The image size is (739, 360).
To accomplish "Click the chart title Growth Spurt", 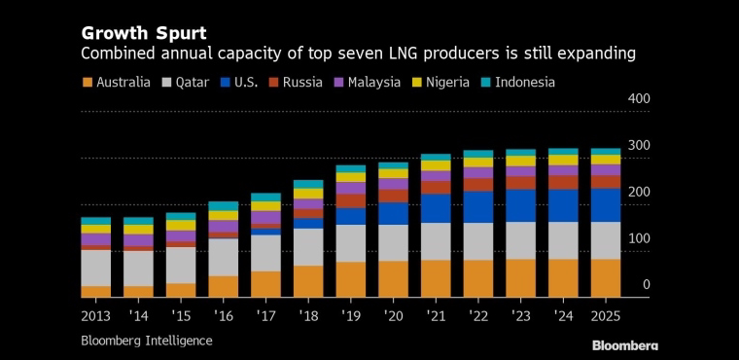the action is (x=144, y=34).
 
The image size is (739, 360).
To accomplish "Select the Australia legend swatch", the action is (x=88, y=83).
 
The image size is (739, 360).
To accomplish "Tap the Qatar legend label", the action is (x=192, y=83).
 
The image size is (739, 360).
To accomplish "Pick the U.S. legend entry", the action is (x=239, y=83).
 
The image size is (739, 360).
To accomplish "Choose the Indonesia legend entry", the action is (x=518, y=83).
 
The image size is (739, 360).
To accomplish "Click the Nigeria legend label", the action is (x=447, y=83).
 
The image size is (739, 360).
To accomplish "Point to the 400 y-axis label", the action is (x=639, y=99).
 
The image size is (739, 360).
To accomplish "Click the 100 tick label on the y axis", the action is (x=639, y=238).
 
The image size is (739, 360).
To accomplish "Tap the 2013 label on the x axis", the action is (x=95, y=315).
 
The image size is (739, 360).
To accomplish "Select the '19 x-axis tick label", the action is (x=351, y=315).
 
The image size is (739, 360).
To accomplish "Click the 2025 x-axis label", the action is (x=606, y=315).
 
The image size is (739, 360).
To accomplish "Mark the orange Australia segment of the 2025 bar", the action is (x=606, y=278).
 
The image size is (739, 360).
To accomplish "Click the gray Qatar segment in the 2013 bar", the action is (x=95, y=268).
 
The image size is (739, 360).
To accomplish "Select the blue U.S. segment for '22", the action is (x=477, y=206).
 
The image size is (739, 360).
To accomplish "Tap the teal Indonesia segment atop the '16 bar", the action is (x=224, y=206).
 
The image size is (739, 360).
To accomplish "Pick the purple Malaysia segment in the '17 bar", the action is (x=265, y=218).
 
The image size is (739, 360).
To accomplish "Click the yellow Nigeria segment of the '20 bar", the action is (x=393, y=173).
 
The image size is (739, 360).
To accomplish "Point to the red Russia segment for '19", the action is (x=351, y=201).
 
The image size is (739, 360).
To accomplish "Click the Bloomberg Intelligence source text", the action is (x=147, y=341).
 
